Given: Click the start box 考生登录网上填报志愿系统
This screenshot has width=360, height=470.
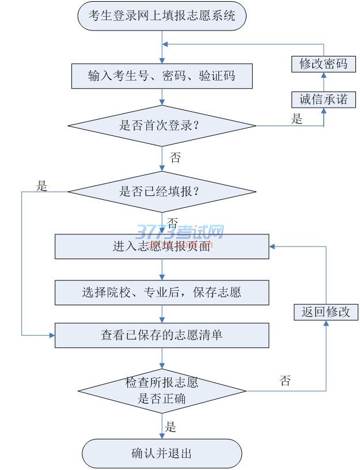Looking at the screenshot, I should (162, 16).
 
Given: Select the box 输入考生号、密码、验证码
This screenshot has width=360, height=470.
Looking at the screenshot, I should (162, 75).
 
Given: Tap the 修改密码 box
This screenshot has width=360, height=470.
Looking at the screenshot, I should (323, 63).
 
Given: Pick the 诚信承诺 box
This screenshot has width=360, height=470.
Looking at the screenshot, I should (323, 99).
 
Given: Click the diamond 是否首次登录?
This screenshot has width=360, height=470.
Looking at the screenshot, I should (162, 126).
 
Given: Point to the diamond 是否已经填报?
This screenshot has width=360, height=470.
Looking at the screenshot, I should (162, 192).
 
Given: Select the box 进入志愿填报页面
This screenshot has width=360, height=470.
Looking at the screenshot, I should (162, 247).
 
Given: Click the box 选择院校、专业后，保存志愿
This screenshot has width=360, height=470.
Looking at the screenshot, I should (162, 292).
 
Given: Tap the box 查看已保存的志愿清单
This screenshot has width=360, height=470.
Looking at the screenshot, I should (162, 335).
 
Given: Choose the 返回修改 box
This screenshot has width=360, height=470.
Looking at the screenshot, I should (325, 312).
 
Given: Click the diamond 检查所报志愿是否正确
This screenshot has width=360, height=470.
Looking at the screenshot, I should (162, 391).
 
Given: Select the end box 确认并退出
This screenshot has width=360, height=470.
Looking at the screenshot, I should (162, 453).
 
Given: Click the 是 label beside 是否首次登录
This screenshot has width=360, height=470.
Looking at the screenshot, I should (297, 119).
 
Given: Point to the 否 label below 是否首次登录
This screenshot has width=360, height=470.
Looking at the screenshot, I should (175, 158).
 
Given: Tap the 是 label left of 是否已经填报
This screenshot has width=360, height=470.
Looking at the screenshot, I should (41, 186).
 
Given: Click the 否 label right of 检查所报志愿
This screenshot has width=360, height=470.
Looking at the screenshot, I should (285, 381).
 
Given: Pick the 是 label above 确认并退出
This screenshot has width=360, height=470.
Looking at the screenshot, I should (170, 427).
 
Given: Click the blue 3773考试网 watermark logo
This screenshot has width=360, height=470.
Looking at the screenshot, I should (180, 233).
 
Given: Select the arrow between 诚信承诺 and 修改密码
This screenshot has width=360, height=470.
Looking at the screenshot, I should (323, 81).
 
